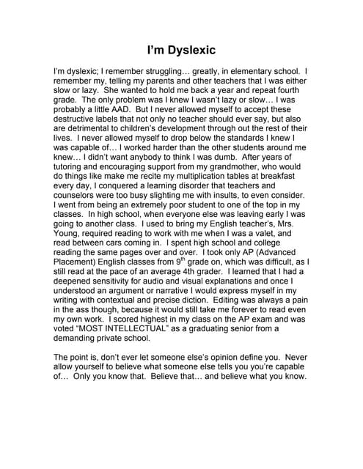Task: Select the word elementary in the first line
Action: (x=246, y=73)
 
